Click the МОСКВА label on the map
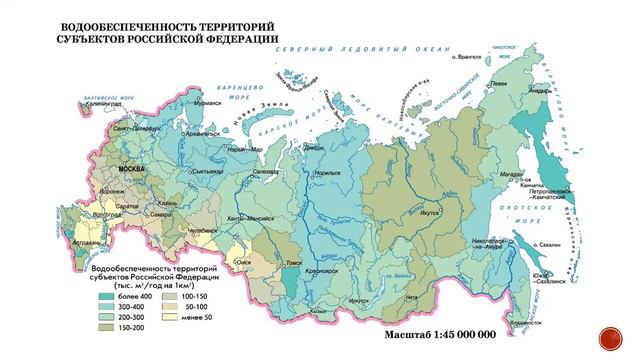pyautogui.click(x=132, y=170)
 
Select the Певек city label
pyautogui.click(x=499, y=83)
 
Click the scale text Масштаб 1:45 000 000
pyautogui.click(x=441, y=333)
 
